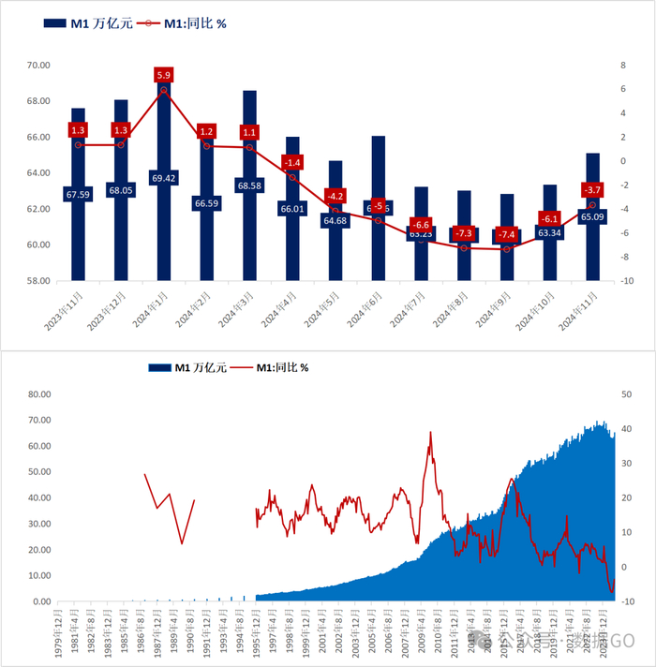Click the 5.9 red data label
164,75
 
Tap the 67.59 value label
78,195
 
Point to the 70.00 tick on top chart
37,66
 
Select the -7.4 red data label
507,234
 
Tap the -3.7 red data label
592,190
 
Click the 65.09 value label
592,215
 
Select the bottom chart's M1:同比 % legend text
284,367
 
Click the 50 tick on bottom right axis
625,394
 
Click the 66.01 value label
292,209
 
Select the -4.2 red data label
335,196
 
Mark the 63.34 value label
549,232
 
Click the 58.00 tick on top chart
37,280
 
